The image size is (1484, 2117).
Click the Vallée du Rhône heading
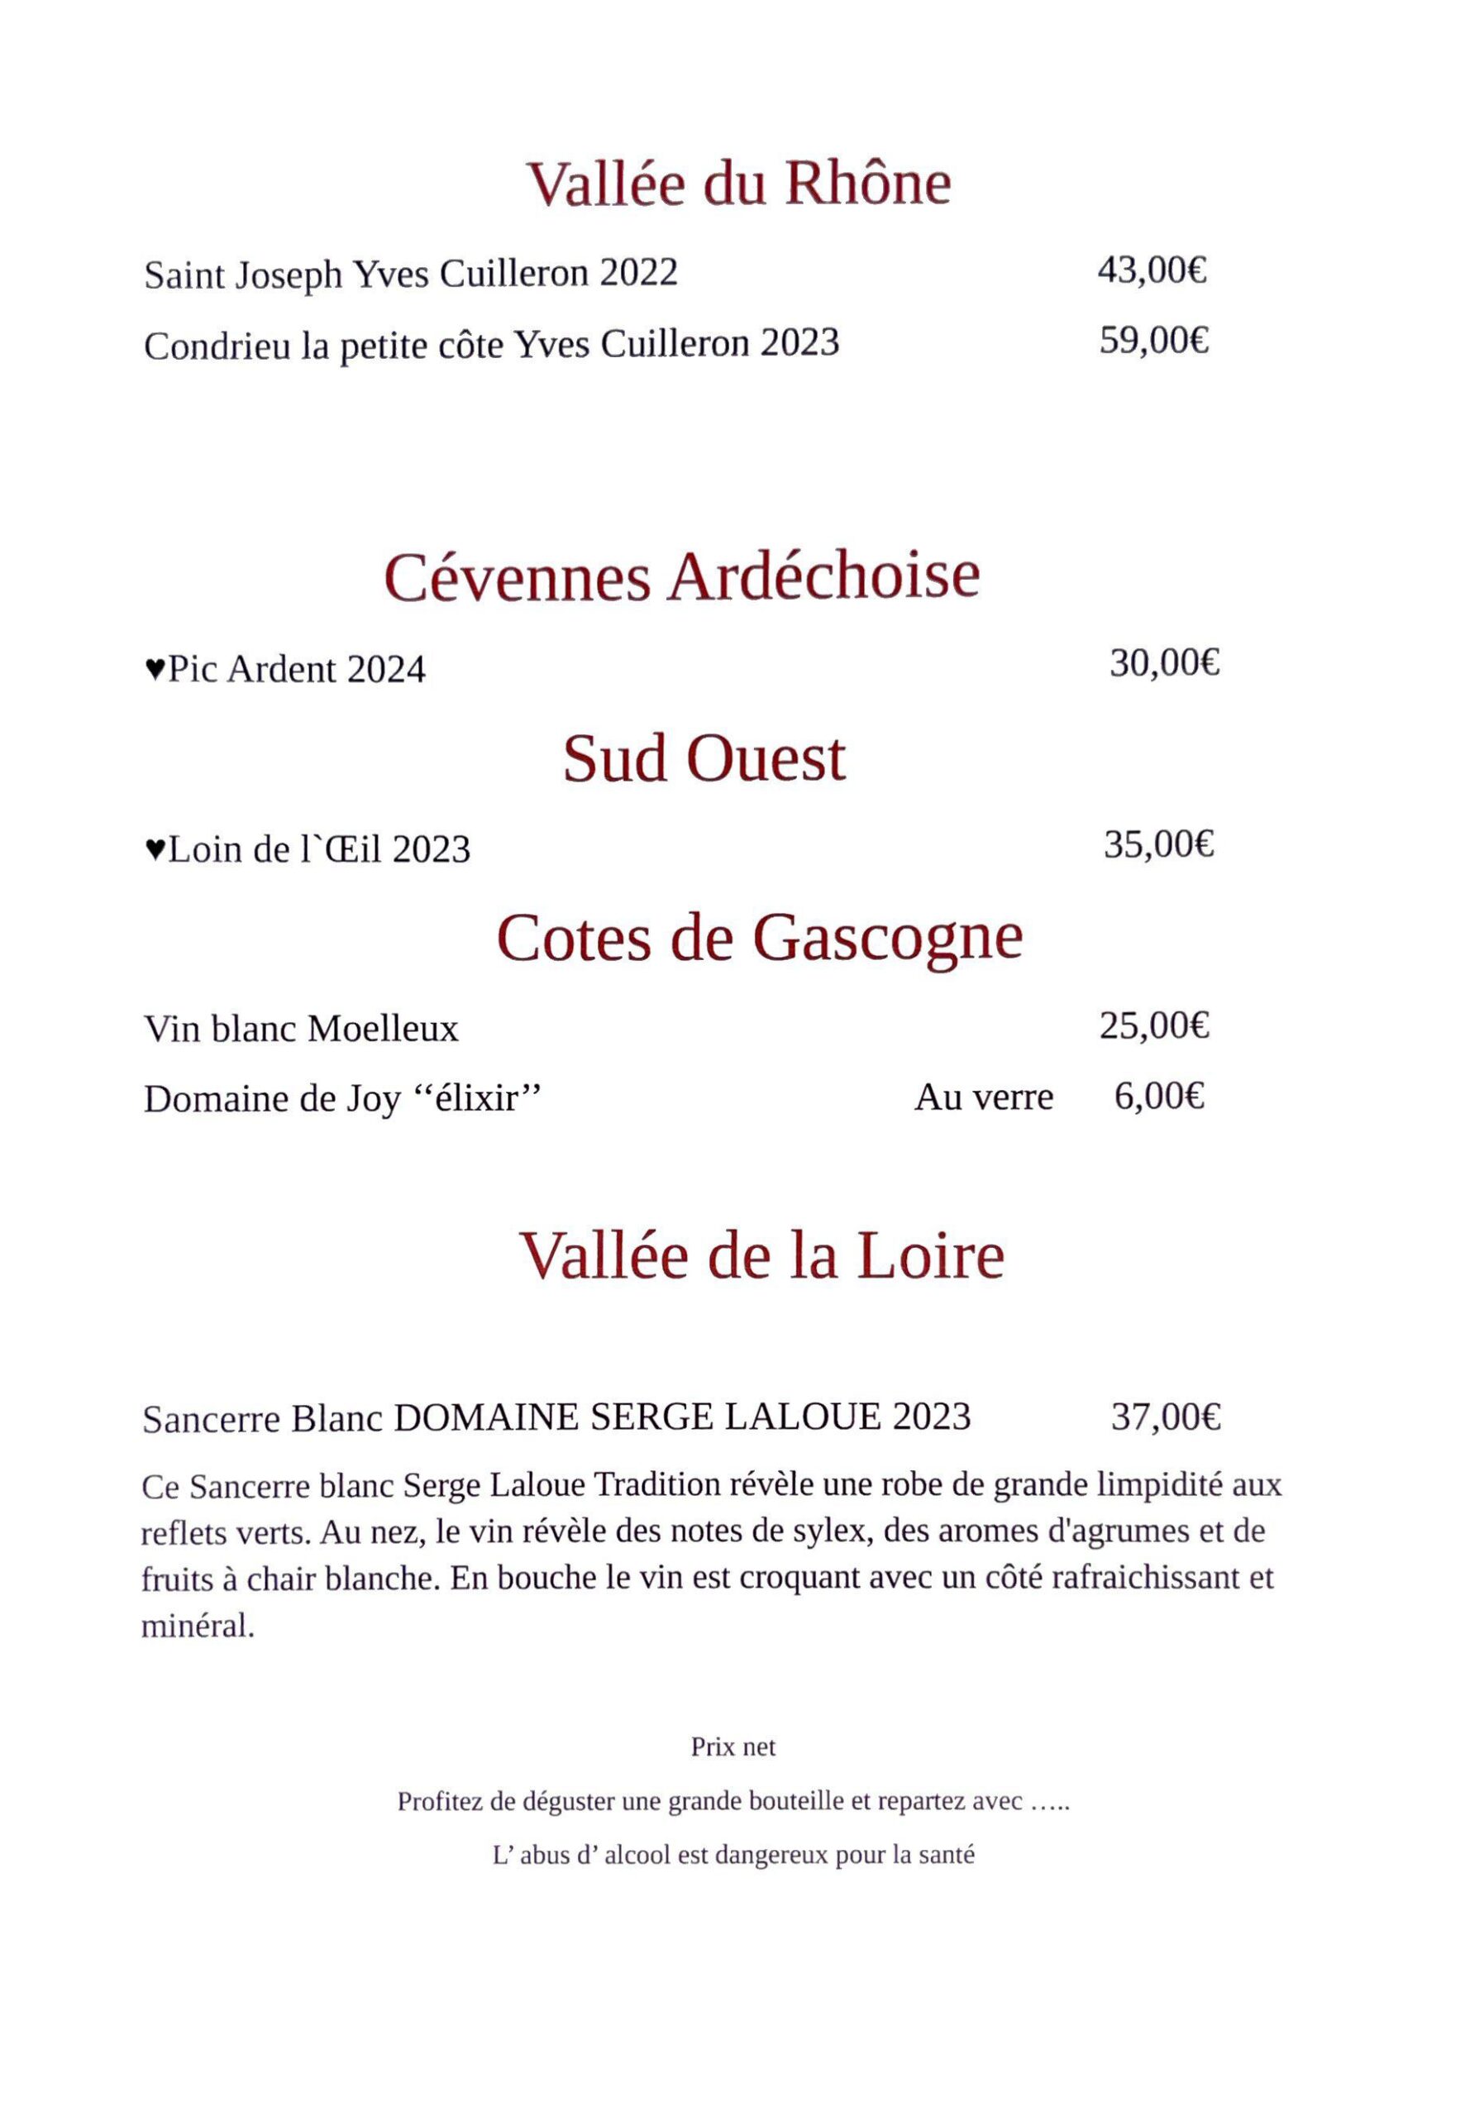point(737,184)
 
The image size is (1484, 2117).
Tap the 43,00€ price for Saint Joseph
point(1152,270)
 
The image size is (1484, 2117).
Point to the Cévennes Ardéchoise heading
point(681,577)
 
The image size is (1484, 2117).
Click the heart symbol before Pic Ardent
point(155,667)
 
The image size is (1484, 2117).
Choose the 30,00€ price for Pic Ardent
point(1164,663)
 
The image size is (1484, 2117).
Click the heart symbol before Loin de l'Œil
point(155,848)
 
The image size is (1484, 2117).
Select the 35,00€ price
point(1158,843)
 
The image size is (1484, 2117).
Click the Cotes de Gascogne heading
point(760,938)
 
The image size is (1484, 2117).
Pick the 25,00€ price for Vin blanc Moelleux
point(1154,1025)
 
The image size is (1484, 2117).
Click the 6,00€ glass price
point(1158,1097)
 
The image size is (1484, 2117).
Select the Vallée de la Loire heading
point(761,1256)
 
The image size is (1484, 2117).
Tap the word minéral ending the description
point(196,1626)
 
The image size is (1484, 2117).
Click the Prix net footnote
point(732,1747)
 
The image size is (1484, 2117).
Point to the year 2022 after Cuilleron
point(638,273)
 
